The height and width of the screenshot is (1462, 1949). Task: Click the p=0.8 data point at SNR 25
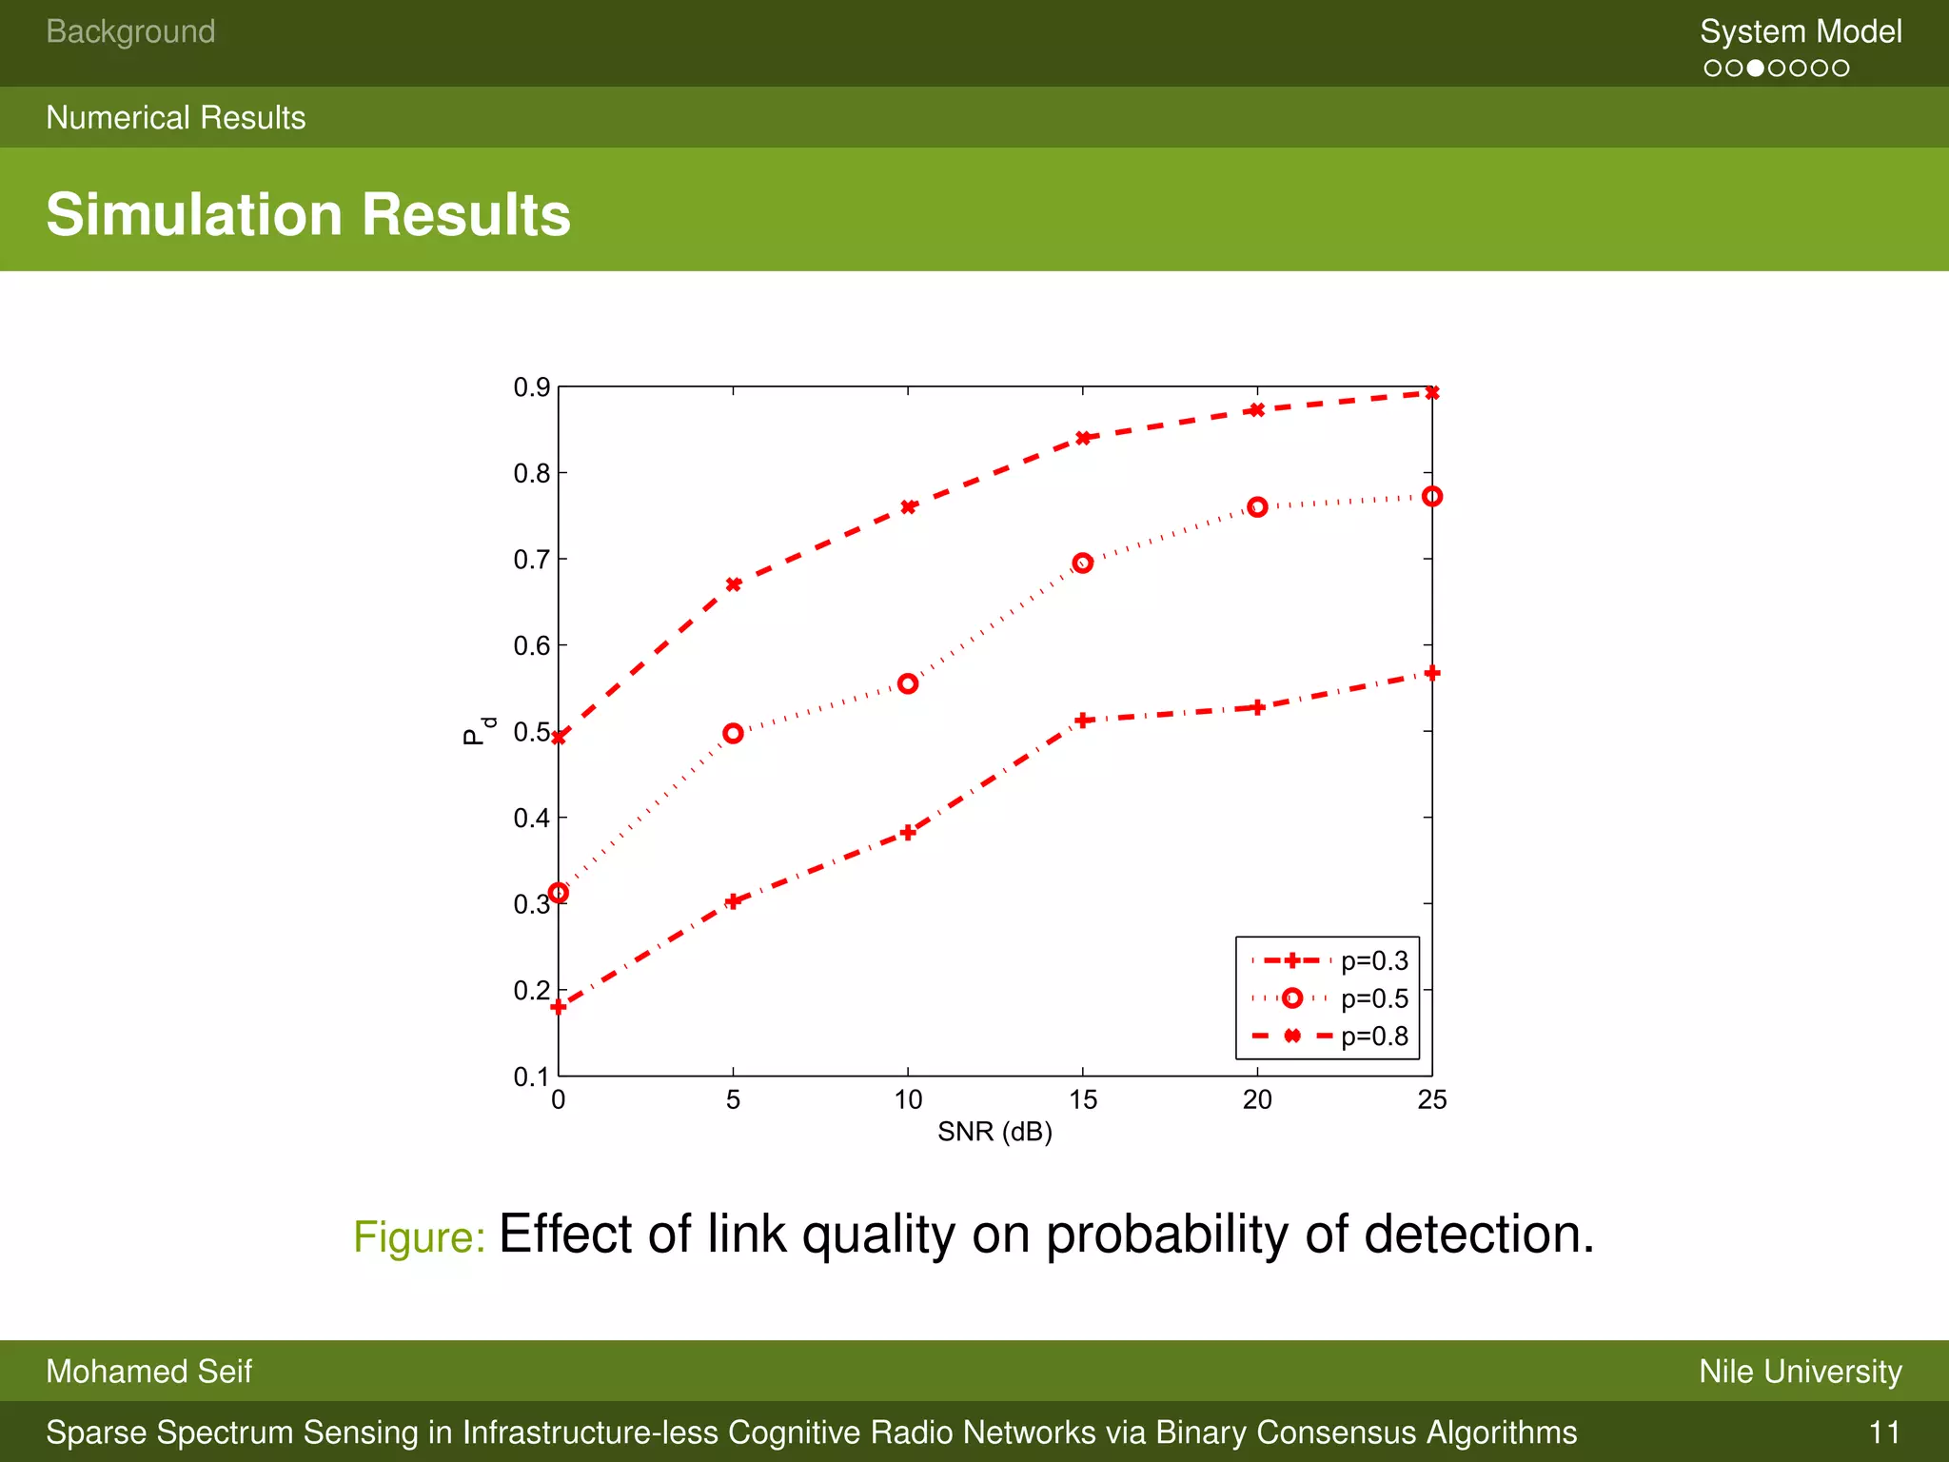pos(1432,393)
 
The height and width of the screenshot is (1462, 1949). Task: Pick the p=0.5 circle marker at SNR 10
pos(908,683)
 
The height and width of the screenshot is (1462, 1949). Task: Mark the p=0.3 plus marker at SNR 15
pos(1082,721)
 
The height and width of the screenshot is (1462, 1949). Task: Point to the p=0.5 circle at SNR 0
pos(559,893)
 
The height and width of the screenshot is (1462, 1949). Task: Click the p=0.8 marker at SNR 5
pos(733,584)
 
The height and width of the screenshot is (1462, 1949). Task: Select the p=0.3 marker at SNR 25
pos(1432,673)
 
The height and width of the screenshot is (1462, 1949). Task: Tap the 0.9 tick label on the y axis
pos(531,387)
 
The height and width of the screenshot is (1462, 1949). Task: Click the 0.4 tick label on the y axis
pos(531,819)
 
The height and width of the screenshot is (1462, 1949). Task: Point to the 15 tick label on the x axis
pos(1082,1100)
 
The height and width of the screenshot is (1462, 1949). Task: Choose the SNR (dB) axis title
pos(994,1132)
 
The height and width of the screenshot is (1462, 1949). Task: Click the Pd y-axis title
pos(479,731)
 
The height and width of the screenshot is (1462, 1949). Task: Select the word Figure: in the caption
pos(420,1237)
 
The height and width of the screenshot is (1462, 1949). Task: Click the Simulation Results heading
pos(308,214)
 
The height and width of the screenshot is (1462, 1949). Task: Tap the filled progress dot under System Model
pos(1756,69)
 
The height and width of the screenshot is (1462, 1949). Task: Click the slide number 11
pos(1884,1432)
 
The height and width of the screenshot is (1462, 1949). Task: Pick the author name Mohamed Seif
pos(148,1372)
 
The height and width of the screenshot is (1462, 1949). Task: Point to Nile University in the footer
pos(1801,1372)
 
